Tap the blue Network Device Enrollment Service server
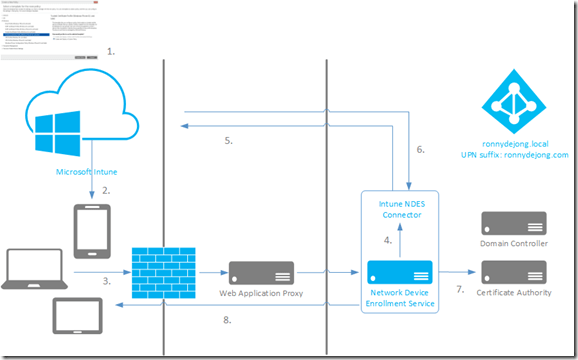pyautogui.click(x=399, y=271)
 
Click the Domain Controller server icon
pyautogui.click(x=514, y=222)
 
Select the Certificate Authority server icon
pyautogui.click(x=514, y=271)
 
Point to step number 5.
pyautogui.click(x=229, y=141)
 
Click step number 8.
pyautogui.click(x=228, y=321)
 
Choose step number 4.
pyautogui.click(x=388, y=240)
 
